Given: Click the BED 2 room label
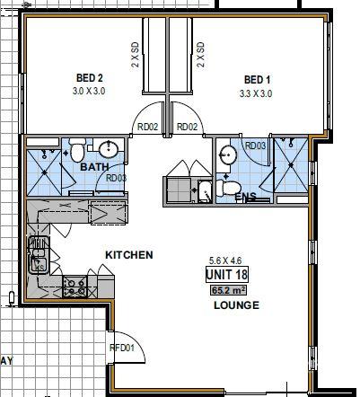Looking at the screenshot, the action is tap(90, 78).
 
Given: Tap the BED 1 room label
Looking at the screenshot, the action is tap(257, 80).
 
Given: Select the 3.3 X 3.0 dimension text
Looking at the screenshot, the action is tap(256, 93).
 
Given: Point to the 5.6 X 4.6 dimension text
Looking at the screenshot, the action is tap(225, 260).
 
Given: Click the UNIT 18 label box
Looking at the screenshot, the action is tap(227, 274).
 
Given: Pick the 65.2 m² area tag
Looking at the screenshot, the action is tap(229, 290).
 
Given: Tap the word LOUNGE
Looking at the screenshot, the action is tap(236, 305).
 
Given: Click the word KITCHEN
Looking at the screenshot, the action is tap(129, 255).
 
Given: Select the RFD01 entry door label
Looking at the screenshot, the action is tap(122, 348).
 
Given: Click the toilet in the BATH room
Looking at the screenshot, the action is tap(77, 149).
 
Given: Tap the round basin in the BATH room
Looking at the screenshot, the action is tap(109, 149).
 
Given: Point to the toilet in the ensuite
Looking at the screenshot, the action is tap(228, 188).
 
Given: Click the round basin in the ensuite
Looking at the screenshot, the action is tap(227, 155).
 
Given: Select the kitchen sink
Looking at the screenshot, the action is tap(39, 255).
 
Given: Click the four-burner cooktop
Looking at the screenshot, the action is tap(75, 287).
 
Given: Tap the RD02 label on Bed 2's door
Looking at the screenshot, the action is tap(147, 127).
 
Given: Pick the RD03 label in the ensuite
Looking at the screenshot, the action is tap(255, 146).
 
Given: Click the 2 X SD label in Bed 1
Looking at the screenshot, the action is tap(201, 54).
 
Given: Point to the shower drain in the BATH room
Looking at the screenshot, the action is tap(45, 172).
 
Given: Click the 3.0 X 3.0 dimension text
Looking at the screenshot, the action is tap(89, 91).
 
